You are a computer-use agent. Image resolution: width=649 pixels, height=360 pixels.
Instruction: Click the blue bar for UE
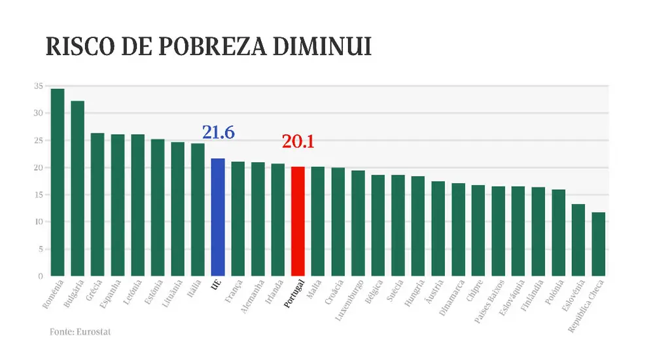[x=218, y=217]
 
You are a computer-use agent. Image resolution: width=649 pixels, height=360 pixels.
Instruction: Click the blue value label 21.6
[x=218, y=132]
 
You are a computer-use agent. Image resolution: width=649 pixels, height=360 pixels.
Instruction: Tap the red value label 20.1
[x=298, y=141]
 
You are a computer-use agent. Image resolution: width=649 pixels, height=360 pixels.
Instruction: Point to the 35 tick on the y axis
[x=39, y=86]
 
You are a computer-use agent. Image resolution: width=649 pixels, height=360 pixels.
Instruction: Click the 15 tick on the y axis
[x=39, y=194]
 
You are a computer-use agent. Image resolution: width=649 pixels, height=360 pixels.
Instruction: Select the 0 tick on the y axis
[x=41, y=276]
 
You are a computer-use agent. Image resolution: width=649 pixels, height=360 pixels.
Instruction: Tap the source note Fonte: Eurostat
[x=80, y=332]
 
